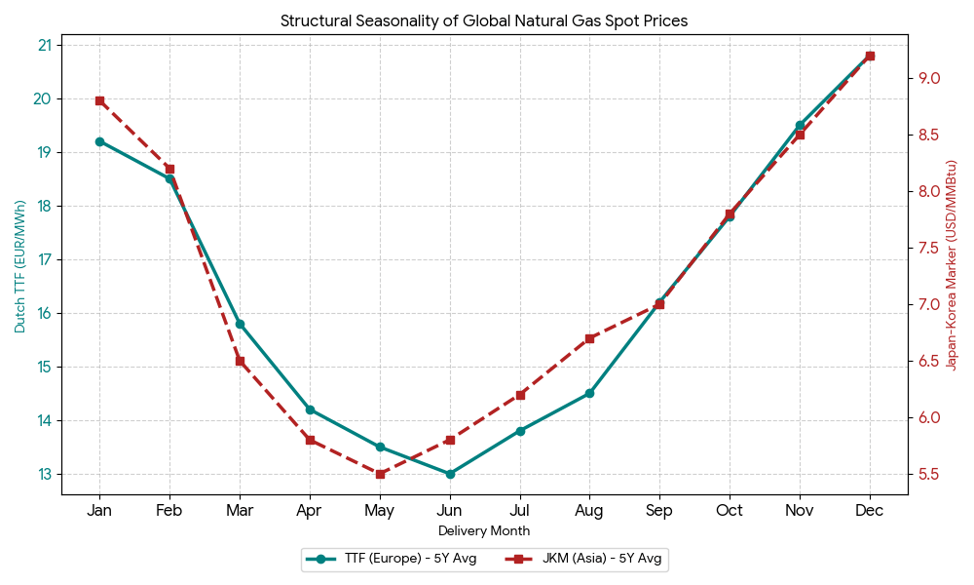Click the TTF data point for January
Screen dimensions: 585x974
99,141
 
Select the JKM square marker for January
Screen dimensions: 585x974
99,100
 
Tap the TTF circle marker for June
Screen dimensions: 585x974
450,474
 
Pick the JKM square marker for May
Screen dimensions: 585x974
380,474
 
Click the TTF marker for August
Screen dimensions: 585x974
589,393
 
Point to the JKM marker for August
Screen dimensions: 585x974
589,338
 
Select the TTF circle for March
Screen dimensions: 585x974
240,324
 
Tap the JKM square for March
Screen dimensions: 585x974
240,361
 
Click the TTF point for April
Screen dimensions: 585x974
310,409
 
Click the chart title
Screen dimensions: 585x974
484,20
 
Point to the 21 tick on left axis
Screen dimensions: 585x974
45,45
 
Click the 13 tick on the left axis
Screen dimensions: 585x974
45,474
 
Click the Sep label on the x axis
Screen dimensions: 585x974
659,510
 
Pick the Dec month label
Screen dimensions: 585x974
870,510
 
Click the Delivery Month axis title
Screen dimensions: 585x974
484,531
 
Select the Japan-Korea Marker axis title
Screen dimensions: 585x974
953,264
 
